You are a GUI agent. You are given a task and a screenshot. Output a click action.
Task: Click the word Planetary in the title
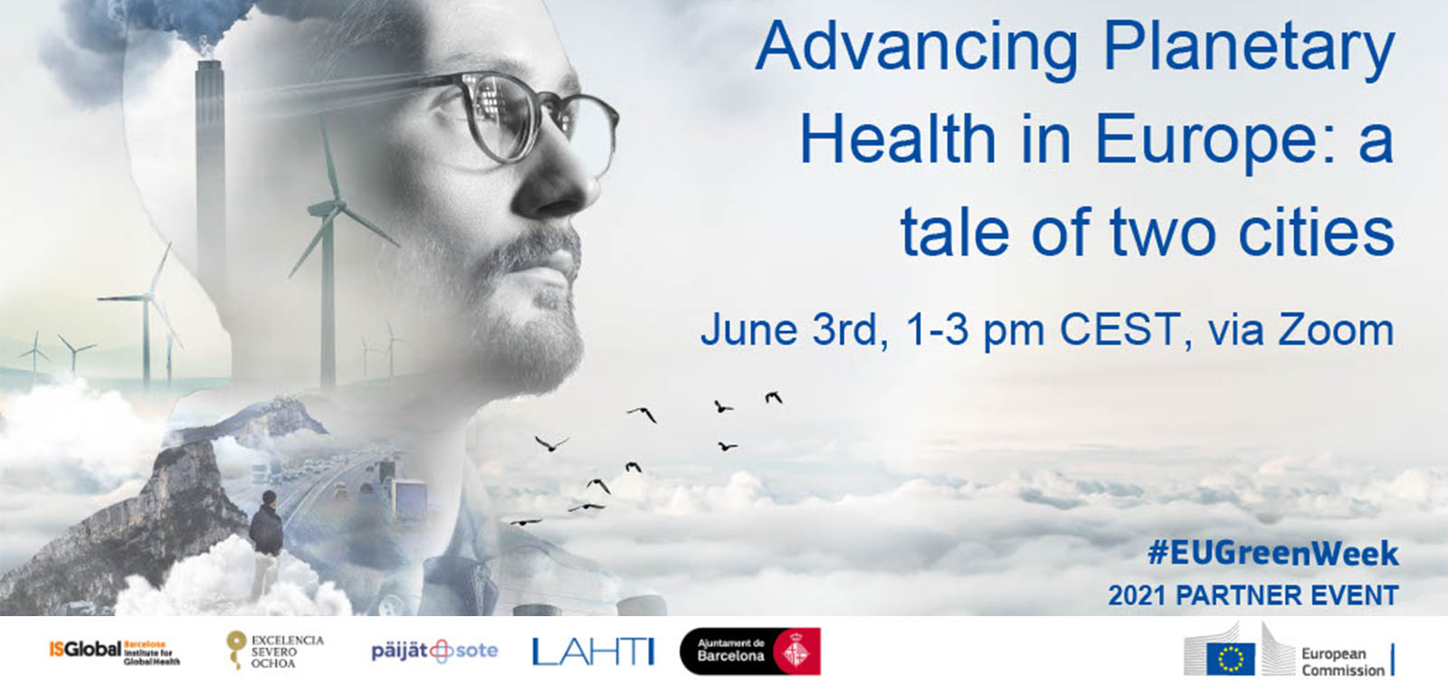pyautogui.click(x=1249, y=50)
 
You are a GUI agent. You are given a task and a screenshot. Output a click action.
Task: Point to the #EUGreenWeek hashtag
pyautogui.click(x=1272, y=554)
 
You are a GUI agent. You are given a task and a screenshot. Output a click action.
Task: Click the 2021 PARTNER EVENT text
pyautogui.click(x=1253, y=595)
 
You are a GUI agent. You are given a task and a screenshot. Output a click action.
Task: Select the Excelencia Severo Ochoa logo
pyautogui.click(x=274, y=651)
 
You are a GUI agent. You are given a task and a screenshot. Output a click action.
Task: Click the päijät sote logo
pyautogui.click(x=434, y=651)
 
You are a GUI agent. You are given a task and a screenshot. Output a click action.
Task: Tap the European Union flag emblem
pyautogui.click(x=1231, y=657)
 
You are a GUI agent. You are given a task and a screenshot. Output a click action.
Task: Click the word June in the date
pyautogui.click(x=745, y=330)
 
